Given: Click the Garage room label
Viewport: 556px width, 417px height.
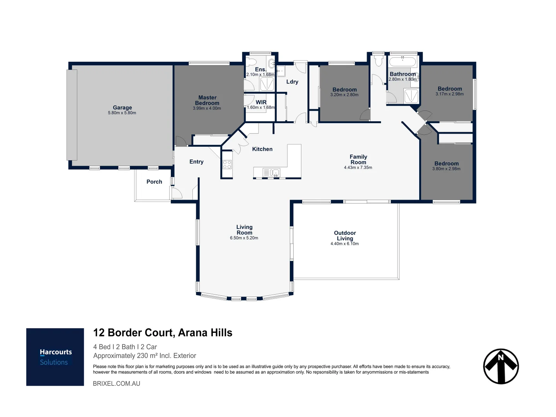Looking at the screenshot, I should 122,108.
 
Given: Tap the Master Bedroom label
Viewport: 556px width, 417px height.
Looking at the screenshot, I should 207,100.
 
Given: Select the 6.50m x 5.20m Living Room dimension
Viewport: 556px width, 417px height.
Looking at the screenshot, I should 244,238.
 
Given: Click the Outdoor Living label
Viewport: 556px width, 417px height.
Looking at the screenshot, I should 345,236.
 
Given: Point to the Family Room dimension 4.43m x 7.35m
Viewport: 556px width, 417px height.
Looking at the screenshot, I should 358,168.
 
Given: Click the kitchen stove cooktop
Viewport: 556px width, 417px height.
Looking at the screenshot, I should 227,164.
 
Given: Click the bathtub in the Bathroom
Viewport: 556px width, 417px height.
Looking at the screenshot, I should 402,62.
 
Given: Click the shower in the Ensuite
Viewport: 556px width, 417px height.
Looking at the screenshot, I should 267,84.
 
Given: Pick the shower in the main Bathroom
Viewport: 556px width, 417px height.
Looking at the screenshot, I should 411,96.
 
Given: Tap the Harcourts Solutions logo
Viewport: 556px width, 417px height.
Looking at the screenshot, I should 55,357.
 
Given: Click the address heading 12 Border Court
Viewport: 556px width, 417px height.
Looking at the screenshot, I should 163,333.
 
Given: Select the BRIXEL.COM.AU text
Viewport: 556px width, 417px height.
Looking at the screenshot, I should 116,383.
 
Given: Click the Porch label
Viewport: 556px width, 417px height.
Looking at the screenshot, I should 154,182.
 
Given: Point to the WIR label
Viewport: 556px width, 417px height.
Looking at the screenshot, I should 261,102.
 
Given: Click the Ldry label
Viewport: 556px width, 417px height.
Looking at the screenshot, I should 292,82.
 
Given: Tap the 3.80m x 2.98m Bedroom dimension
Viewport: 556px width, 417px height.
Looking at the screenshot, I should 446,169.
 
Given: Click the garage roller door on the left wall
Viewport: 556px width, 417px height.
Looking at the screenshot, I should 72,115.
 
